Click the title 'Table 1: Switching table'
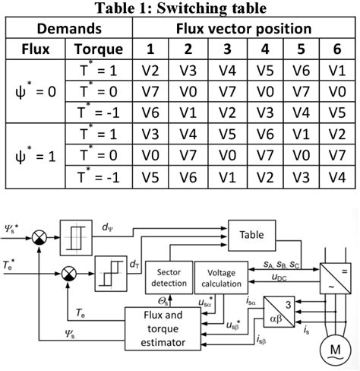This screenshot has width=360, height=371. tap(180, 8)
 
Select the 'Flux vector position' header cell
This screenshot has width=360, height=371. tap(243, 29)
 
